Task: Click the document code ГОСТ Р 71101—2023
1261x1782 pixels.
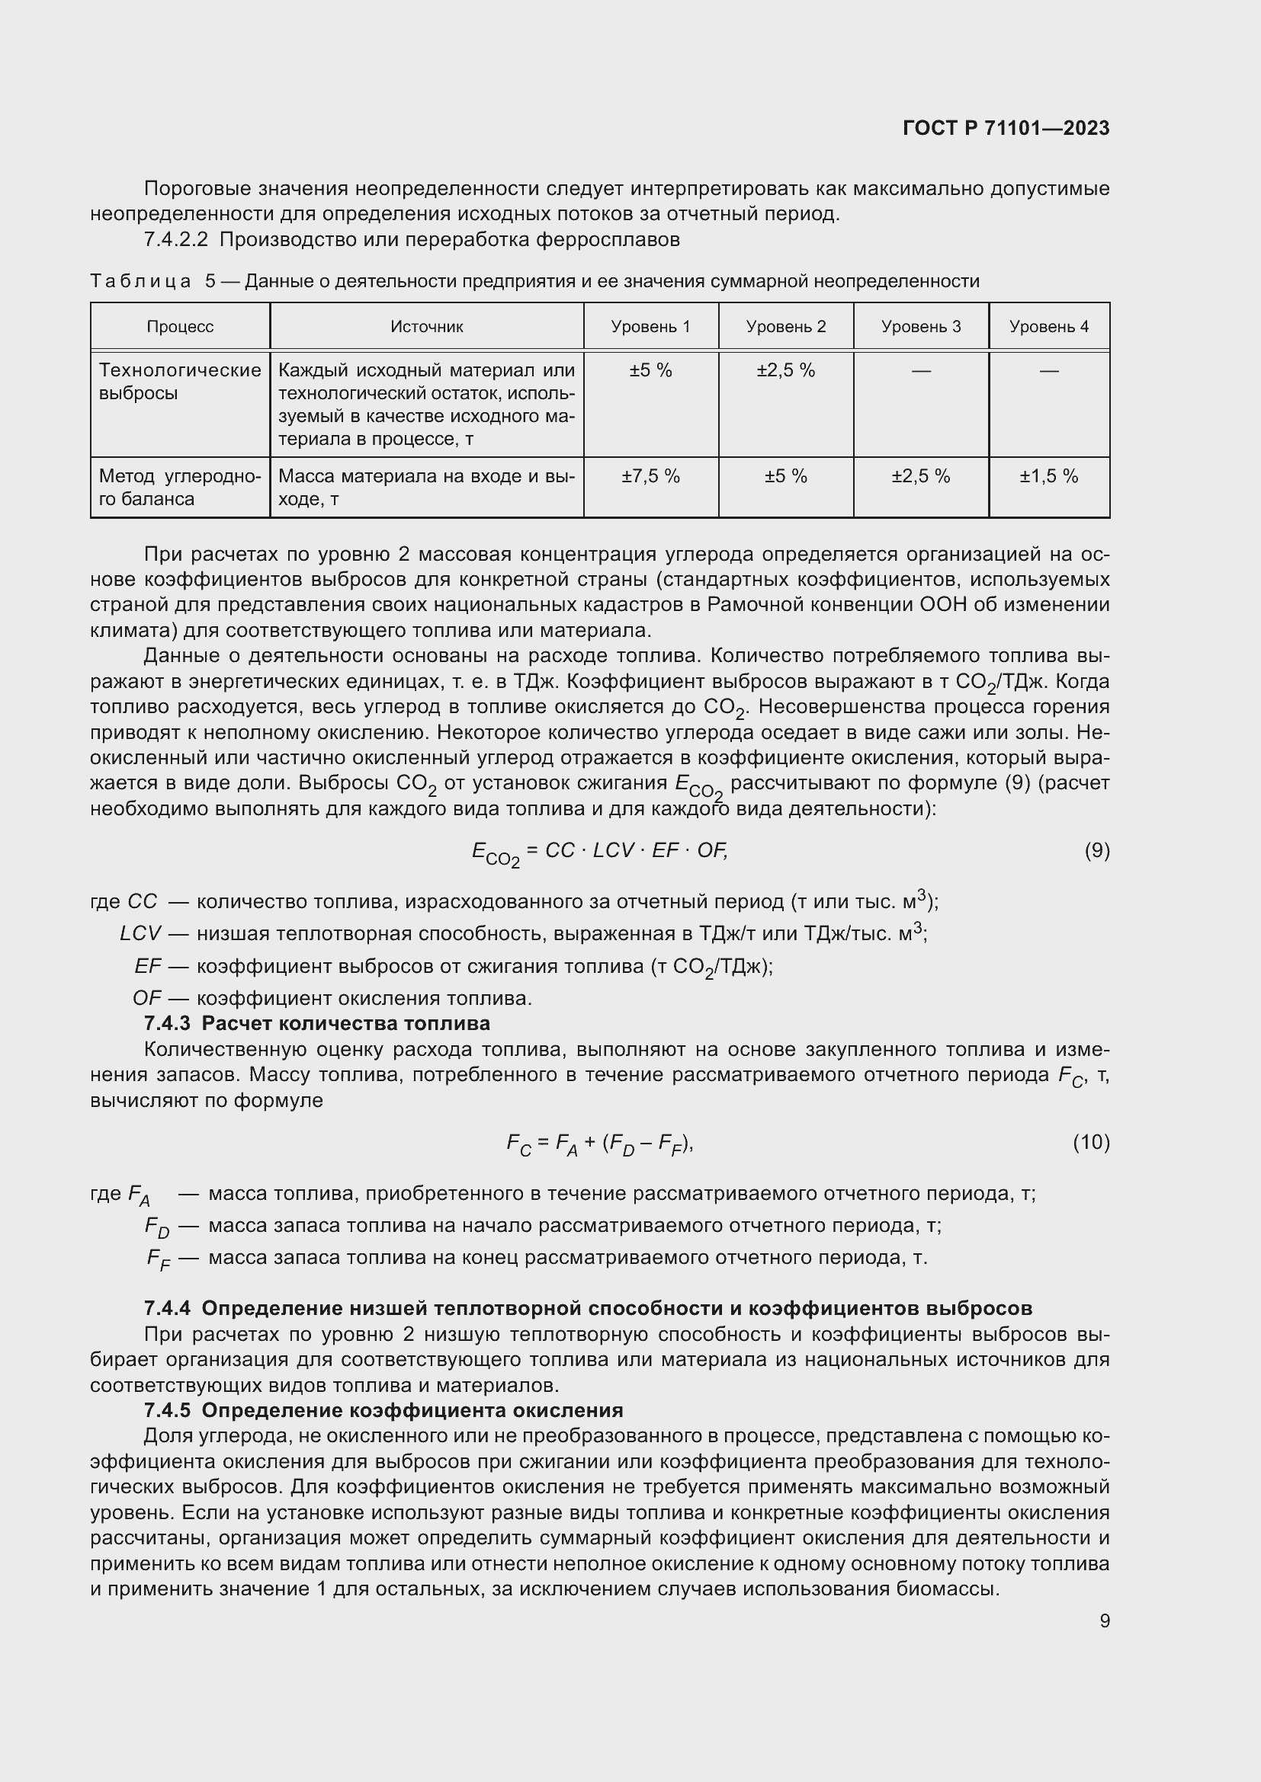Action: pos(1006,128)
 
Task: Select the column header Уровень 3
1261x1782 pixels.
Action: pos(921,327)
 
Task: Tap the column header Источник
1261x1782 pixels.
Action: pos(426,327)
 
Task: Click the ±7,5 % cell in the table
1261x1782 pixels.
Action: pos(650,476)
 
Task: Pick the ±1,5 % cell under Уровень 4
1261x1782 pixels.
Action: pos(1048,476)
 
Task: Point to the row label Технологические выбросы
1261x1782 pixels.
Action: pos(179,381)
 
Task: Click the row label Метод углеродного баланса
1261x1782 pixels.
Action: pos(179,488)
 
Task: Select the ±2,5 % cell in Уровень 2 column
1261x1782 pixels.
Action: pos(786,371)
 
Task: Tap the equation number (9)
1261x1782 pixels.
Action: pos(1096,851)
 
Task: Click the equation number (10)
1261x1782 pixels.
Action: pos(1091,1142)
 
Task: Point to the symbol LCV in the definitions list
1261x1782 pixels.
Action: pos(140,934)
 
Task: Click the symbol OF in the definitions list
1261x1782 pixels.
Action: pos(146,998)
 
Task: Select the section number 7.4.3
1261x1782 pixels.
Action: pos(167,1023)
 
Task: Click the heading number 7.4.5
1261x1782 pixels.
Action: pos(167,1410)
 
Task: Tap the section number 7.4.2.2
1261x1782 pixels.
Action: pos(175,240)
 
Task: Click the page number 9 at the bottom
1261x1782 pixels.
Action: pos(1104,1621)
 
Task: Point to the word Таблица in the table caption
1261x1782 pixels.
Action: pos(140,282)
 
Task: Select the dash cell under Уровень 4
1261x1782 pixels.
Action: pos(1048,371)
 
